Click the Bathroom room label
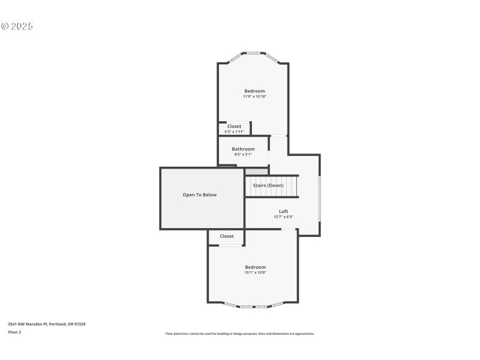coord(243,149)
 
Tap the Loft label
coord(283,211)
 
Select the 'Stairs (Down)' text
coord(268,185)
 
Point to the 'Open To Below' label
coord(200,195)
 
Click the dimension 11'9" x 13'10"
coord(254,97)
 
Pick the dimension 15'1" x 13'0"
coord(255,272)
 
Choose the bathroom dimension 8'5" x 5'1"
coord(243,154)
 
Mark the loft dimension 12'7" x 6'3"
coord(283,217)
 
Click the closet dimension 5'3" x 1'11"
coord(234,131)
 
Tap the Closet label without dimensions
coord(227,236)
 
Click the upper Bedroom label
coord(254,91)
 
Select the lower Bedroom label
coord(255,267)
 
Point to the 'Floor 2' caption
coord(14,332)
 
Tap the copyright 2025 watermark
coord(17,26)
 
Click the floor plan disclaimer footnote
coord(239,334)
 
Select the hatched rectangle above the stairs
coord(256,172)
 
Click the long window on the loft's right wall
coord(320,198)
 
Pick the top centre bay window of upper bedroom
coord(254,53)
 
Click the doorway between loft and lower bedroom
coord(289,229)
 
